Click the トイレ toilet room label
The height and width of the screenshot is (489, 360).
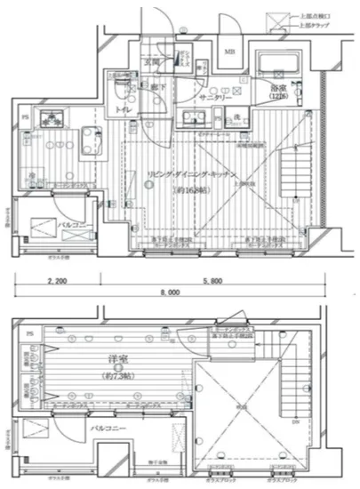[x=117, y=109]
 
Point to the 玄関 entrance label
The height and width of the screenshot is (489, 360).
[x=153, y=63]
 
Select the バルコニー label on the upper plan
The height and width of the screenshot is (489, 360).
[x=70, y=226]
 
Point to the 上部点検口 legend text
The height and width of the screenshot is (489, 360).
[x=314, y=14]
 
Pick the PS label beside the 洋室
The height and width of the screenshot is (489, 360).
[x=29, y=333]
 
